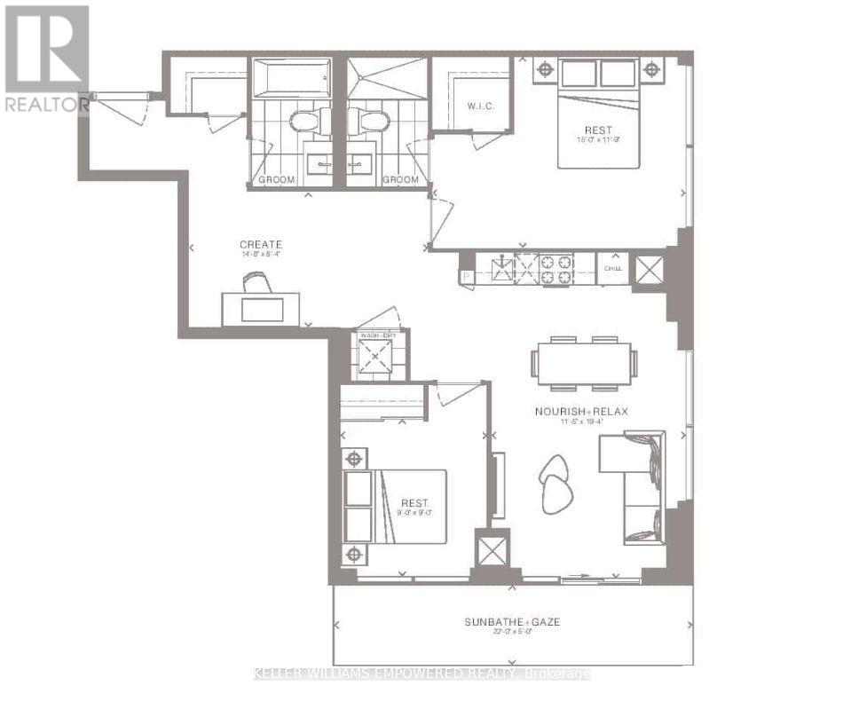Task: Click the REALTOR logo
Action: (46, 59)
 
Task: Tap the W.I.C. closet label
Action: (480, 106)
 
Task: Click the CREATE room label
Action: (261, 244)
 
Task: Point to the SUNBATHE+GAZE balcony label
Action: (513, 622)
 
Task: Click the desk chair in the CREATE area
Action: (257, 282)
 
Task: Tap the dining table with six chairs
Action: (584, 363)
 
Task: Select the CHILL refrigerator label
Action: (613, 268)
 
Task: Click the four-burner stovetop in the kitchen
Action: (556, 269)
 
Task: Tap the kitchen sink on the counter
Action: (502, 269)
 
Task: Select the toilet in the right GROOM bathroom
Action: (370, 120)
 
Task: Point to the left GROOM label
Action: (276, 179)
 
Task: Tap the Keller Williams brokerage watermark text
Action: (422, 674)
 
